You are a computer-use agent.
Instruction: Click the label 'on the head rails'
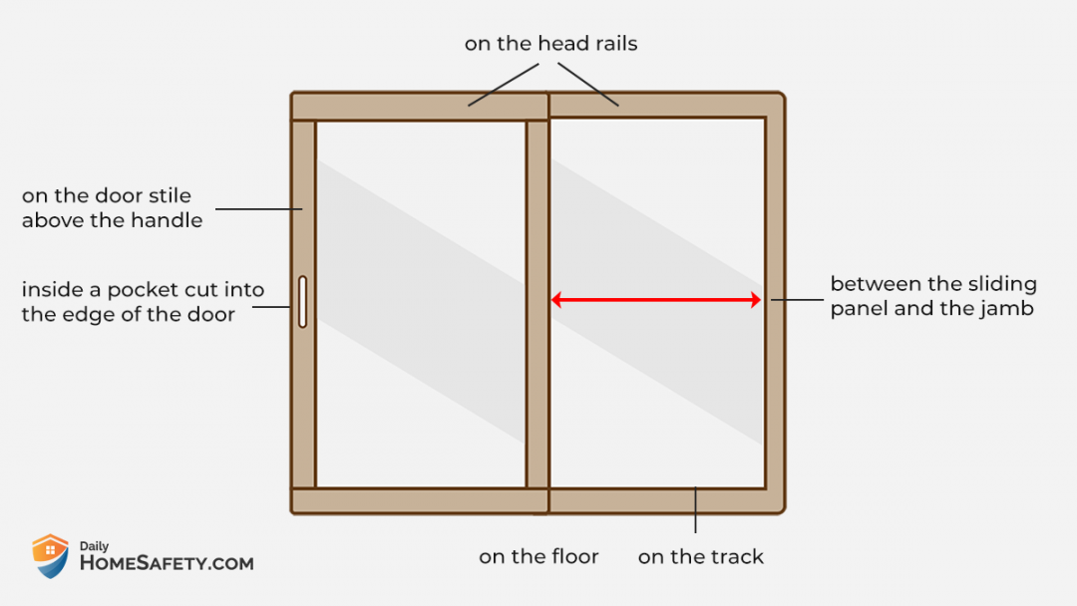(x=550, y=43)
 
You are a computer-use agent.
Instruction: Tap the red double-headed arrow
(x=656, y=300)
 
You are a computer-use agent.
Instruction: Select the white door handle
(x=302, y=302)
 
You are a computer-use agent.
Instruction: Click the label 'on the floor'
(x=538, y=556)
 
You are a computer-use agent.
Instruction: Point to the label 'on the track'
(x=701, y=556)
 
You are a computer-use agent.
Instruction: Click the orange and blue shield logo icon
(x=50, y=556)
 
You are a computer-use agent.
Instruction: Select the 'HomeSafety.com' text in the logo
(x=167, y=563)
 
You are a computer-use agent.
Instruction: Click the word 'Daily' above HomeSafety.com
(x=94, y=546)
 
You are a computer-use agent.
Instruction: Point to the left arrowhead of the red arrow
(x=556, y=300)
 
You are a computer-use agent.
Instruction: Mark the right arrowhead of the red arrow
(x=756, y=300)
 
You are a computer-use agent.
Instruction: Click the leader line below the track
(x=695, y=510)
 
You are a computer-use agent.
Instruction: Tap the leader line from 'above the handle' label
(x=259, y=208)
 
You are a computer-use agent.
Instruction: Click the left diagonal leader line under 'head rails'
(x=504, y=85)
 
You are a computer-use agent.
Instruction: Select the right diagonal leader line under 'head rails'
(x=588, y=85)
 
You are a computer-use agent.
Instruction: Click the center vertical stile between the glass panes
(x=538, y=304)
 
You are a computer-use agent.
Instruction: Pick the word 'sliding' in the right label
(x=1003, y=284)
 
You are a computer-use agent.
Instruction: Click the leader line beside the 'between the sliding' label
(x=797, y=300)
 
